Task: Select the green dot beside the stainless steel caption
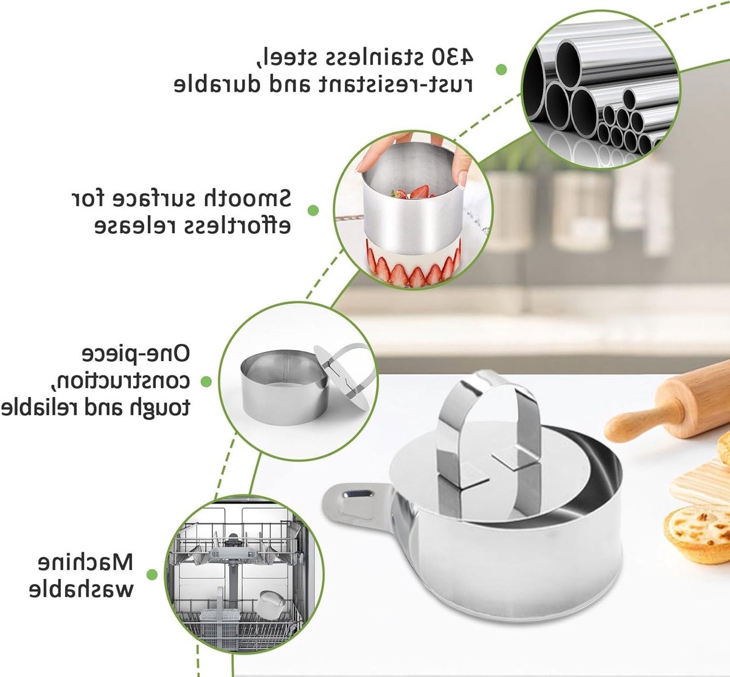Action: pyautogui.click(x=501, y=69)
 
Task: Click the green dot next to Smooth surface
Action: pyautogui.click(x=313, y=210)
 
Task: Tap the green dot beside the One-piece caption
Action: pyautogui.click(x=206, y=382)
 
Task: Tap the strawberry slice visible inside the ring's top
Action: pyautogui.click(x=420, y=192)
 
